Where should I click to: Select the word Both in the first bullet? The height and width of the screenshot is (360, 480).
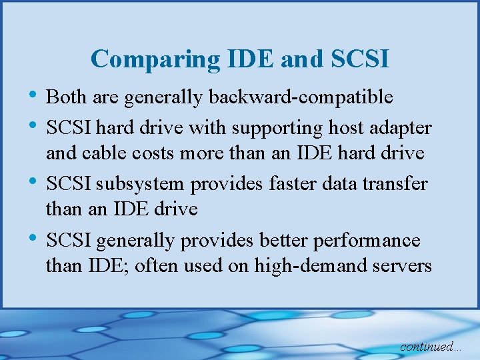(63, 97)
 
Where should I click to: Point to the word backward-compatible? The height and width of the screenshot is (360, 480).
(301, 97)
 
